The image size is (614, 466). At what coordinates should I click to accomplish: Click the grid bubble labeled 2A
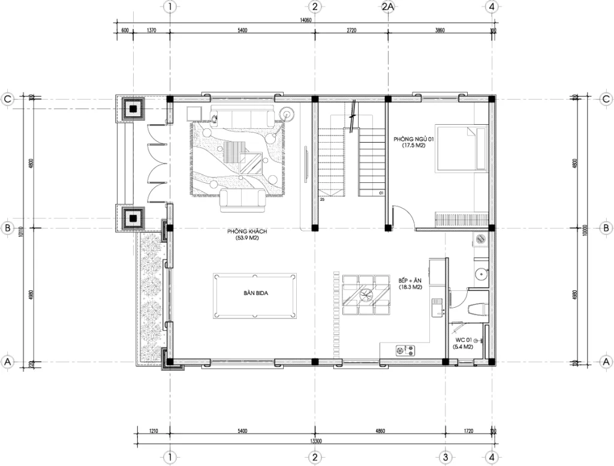point(387,7)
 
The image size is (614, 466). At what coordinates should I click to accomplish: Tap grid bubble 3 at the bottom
point(445,457)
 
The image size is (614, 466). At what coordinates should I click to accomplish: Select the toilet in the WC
point(477,309)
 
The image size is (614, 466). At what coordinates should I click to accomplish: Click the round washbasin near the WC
point(480,275)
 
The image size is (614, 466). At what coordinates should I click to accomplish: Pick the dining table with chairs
point(364,294)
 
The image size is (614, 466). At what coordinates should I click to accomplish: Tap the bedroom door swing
point(401,215)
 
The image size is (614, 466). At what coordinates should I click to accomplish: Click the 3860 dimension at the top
point(440,30)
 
